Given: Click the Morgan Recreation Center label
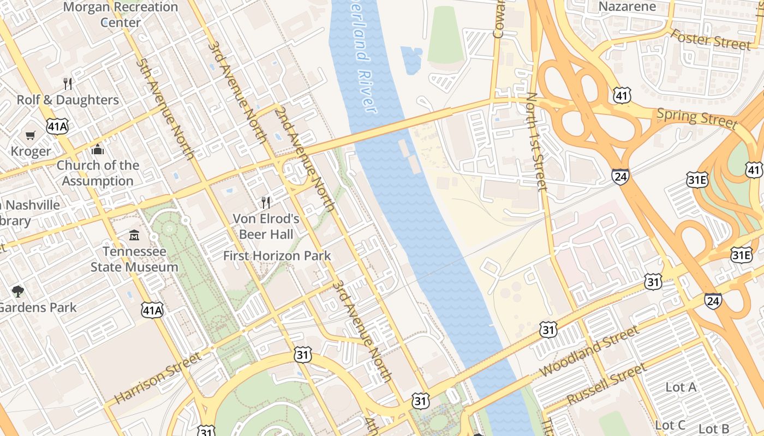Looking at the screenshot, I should [x=121, y=15].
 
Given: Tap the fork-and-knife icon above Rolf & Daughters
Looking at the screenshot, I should [x=68, y=83].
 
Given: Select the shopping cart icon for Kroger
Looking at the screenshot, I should [x=31, y=135].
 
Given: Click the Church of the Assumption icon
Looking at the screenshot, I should [x=98, y=149].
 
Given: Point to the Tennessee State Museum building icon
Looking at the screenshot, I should [x=134, y=235].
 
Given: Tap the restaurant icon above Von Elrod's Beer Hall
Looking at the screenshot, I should [x=266, y=203].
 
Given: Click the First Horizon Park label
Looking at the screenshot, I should [x=277, y=256].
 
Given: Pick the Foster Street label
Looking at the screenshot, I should [x=710, y=39].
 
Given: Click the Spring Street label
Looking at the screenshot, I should [x=697, y=118].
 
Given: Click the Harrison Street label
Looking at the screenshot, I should [x=158, y=378].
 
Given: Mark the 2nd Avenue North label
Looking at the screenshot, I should [x=305, y=159].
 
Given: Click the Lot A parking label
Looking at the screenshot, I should [x=681, y=387].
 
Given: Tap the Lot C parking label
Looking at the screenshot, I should [x=670, y=425].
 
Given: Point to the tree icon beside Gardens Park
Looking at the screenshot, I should [x=18, y=291].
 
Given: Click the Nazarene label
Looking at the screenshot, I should [x=627, y=7].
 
